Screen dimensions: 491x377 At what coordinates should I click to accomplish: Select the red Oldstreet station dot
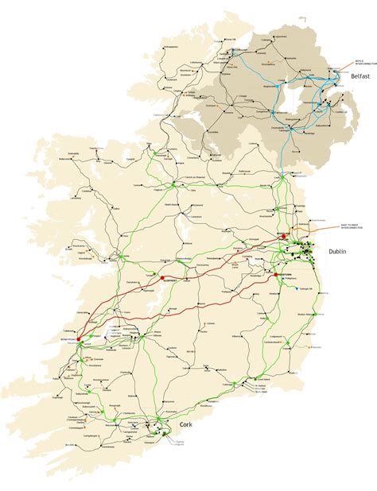coord(162,280)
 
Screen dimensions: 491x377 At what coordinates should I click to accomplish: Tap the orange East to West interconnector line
coord(318,231)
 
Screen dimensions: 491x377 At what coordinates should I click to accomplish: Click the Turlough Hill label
coord(304,289)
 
